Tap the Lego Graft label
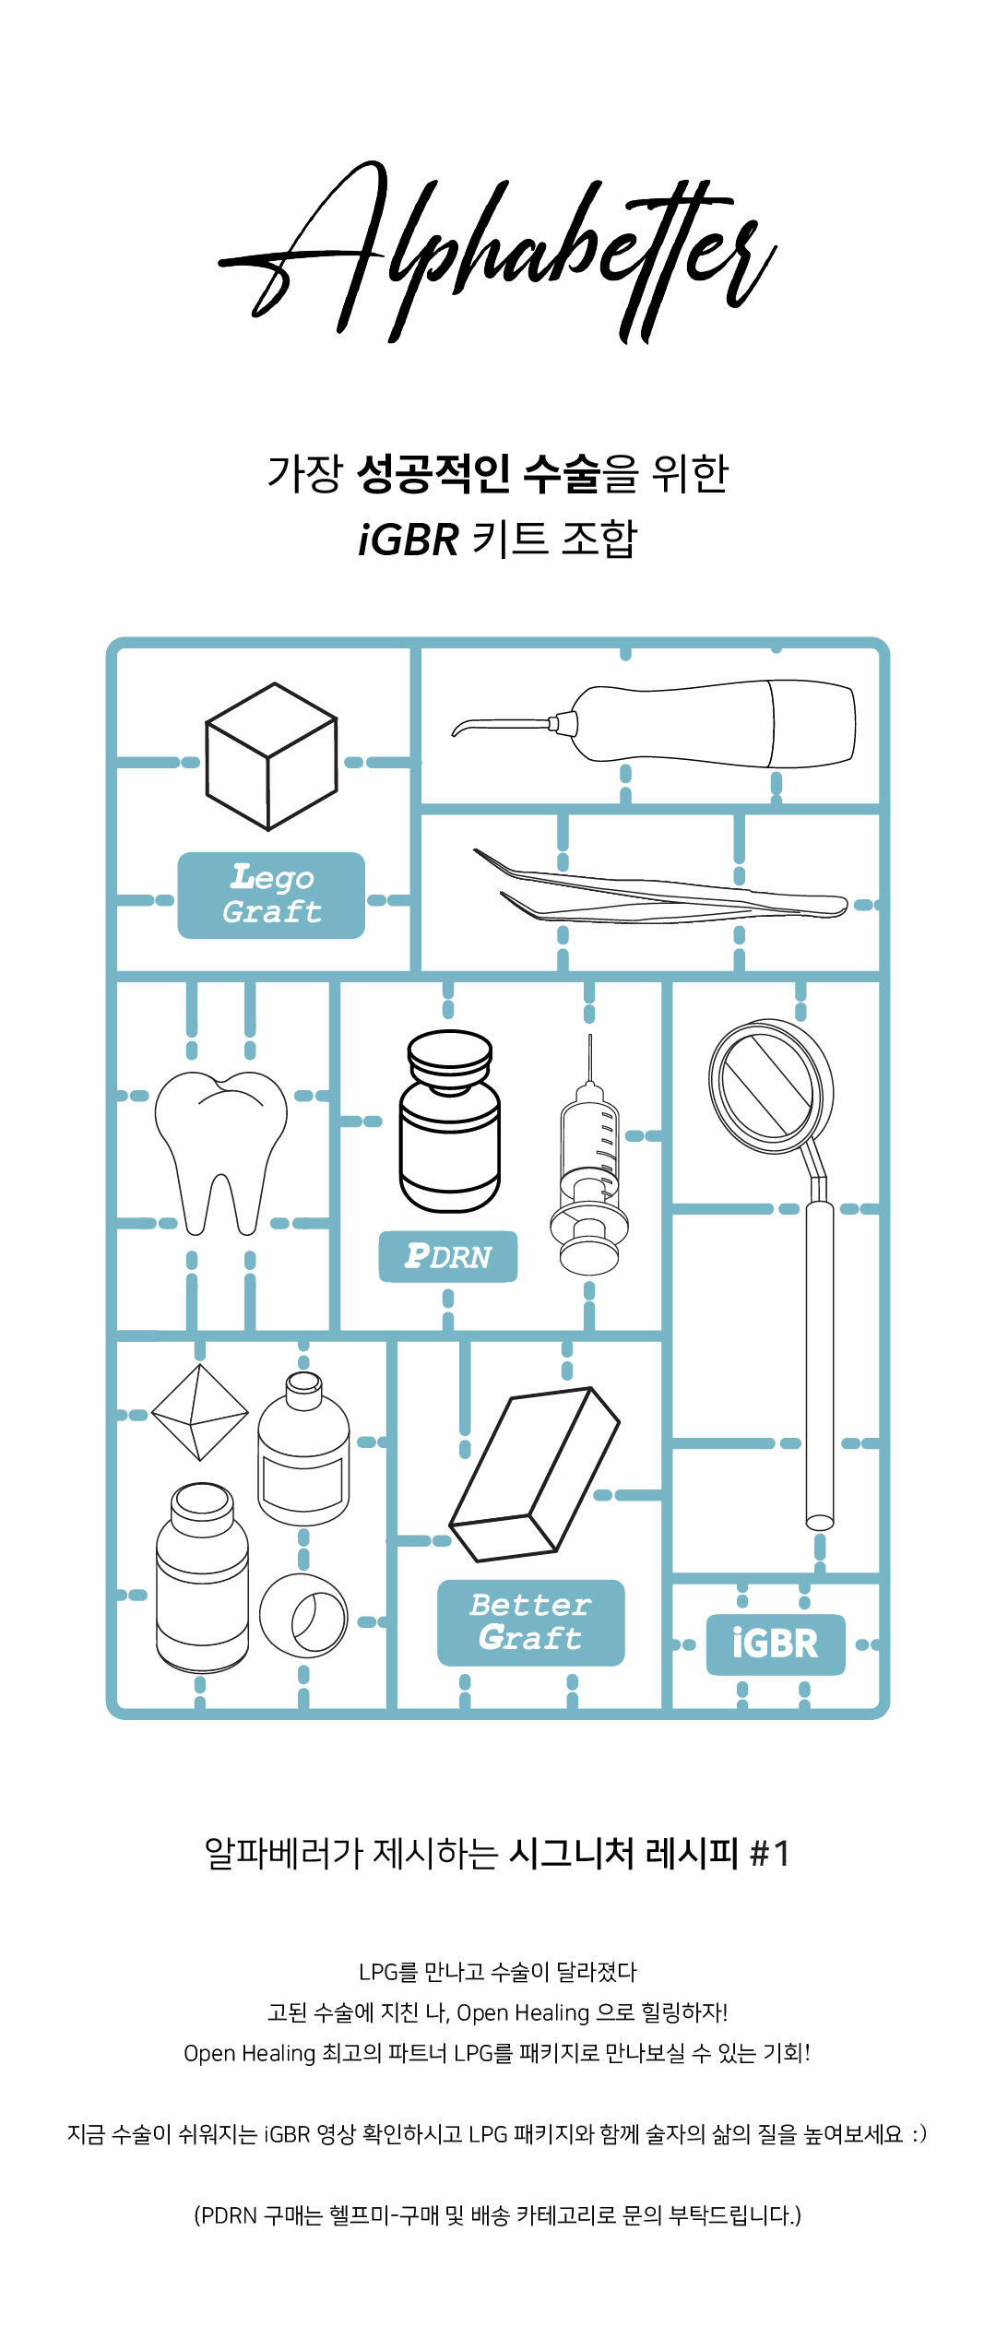tap(271, 895)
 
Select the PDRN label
tap(448, 1256)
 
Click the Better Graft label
tap(530, 1622)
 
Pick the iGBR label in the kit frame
tap(776, 1644)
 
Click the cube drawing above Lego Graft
tap(270, 756)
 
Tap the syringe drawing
tap(590, 1171)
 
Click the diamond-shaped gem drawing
tap(200, 1412)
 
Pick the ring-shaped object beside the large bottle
tap(304, 1614)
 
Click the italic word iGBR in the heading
tap(408, 540)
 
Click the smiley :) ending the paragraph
tap(919, 2134)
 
